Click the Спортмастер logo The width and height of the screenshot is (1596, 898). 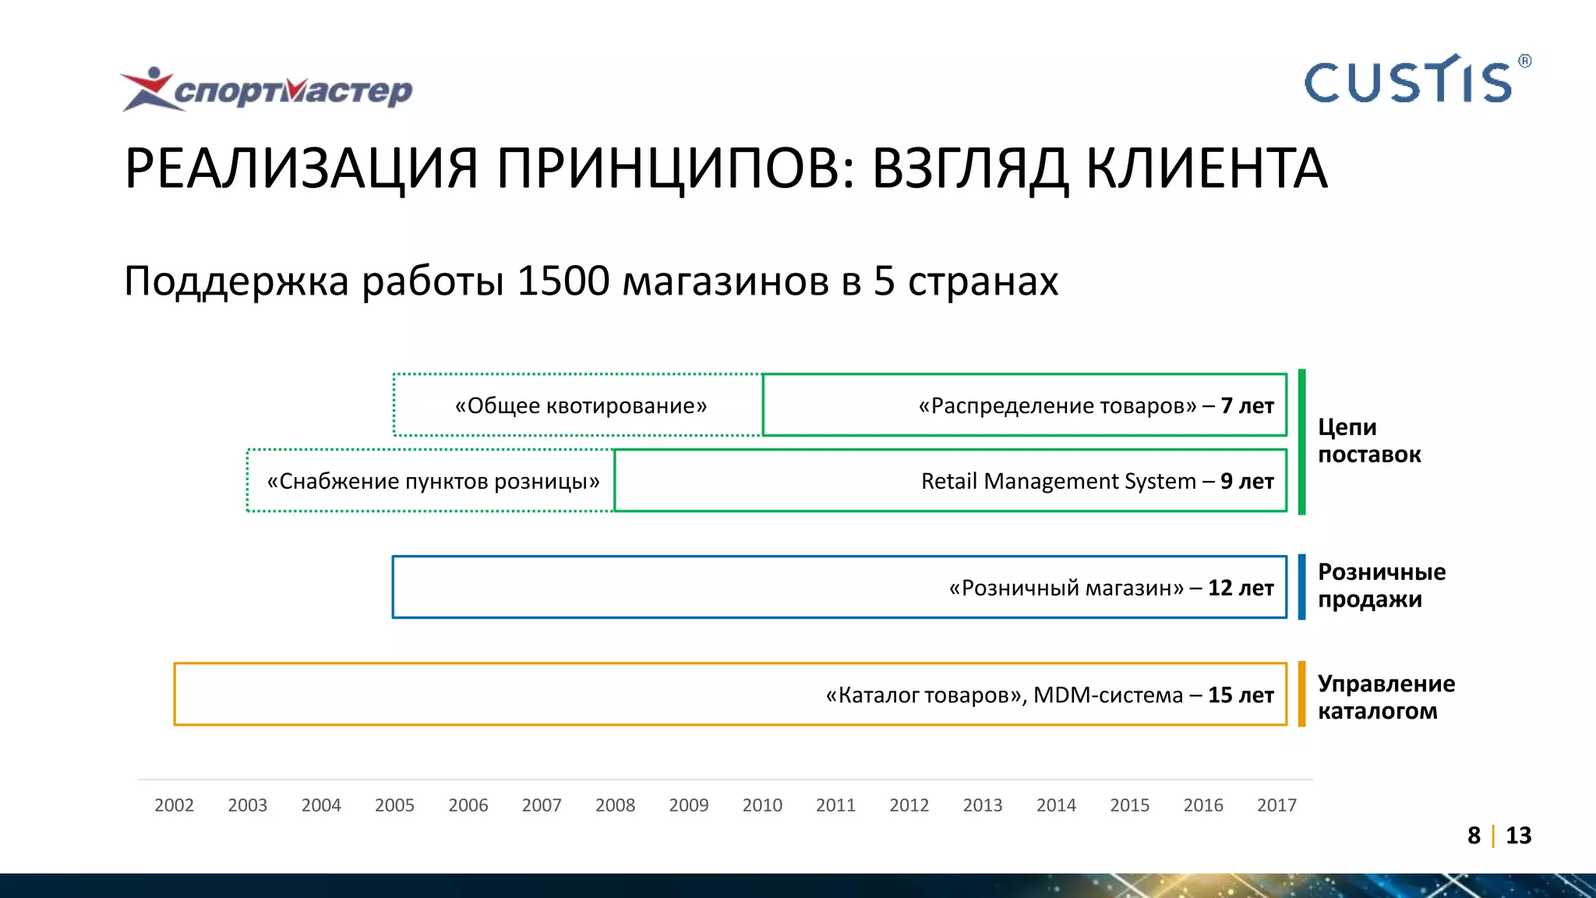coord(267,90)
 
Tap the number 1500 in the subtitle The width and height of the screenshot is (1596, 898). coord(563,281)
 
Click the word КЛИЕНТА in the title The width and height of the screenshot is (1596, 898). coord(1206,168)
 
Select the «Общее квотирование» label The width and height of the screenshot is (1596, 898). coord(581,406)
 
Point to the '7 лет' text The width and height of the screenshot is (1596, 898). coord(1247,406)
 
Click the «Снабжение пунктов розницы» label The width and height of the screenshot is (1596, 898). coord(433,482)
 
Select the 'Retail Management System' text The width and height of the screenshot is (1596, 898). coord(1058,482)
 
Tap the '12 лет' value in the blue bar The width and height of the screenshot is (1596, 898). coord(1241,588)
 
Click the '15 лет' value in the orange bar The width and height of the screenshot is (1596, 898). coord(1241,695)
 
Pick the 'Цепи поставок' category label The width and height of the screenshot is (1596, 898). coord(1368,441)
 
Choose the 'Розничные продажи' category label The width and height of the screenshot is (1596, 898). coord(1381,586)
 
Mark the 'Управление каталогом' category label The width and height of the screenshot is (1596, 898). coord(1386,698)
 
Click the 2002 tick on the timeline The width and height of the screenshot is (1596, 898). coord(174,805)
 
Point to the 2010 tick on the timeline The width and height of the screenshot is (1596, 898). coord(762,805)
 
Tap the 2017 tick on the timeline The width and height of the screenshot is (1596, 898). coord(1276,805)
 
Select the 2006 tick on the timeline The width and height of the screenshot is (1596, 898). coord(468,805)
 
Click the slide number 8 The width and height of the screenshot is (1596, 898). coord(1474,836)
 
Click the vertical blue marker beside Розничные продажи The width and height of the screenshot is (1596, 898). coord(1301,587)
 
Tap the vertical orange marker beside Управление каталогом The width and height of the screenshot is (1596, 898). coord(1301,695)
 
